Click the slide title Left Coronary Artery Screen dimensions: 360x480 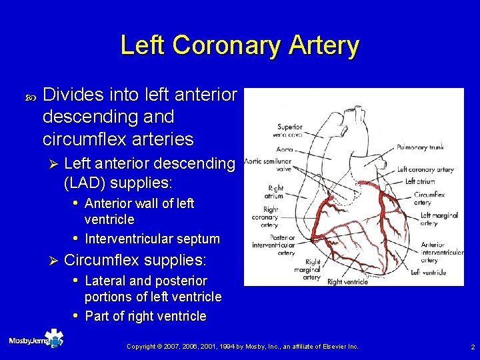pos(239,45)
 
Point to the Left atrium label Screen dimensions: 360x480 pos(420,181)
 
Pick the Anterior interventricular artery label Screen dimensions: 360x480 pos(442,253)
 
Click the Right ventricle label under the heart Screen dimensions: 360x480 pos(348,281)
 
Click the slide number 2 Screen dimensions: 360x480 pos(471,347)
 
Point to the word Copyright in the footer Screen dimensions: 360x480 pos(140,347)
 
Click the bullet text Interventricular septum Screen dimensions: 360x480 pos(153,239)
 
